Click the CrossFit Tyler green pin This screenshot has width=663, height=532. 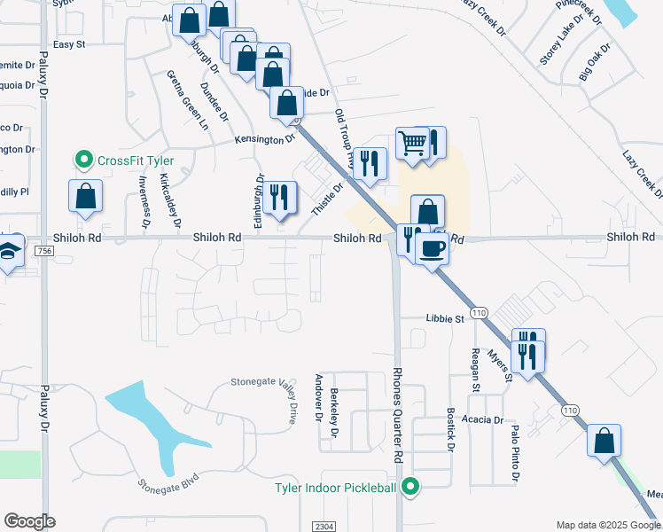(x=84, y=160)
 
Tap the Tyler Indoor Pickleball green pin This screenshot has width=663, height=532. (x=410, y=486)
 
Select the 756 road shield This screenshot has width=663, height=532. (x=44, y=252)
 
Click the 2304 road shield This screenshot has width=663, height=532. (x=324, y=526)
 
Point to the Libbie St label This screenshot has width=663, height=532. (x=446, y=317)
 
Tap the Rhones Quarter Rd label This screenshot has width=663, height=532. (x=398, y=415)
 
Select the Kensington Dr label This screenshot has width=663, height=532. (x=264, y=139)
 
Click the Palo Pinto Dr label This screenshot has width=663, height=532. (x=515, y=453)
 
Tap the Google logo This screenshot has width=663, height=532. (x=29, y=521)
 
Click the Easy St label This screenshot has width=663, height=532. (x=68, y=43)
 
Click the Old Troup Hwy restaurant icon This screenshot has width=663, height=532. (x=370, y=163)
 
